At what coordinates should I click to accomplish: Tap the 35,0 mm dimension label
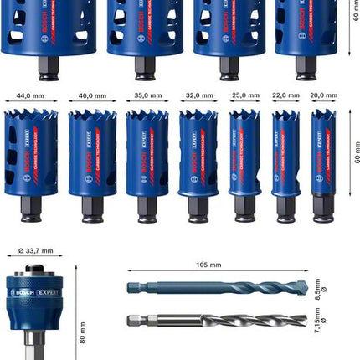pyautogui.click(x=147, y=96)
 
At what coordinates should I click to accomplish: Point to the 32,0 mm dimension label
pyautogui.click(x=198, y=96)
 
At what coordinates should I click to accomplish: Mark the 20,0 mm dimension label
pyautogui.click(x=323, y=96)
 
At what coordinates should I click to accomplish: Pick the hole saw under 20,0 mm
pyautogui.click(x=323, y=163)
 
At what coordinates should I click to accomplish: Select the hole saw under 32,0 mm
pyautogui.click(x=198, y=163)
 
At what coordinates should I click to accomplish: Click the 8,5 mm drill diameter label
pyautogui.click(x=316, y=289)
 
